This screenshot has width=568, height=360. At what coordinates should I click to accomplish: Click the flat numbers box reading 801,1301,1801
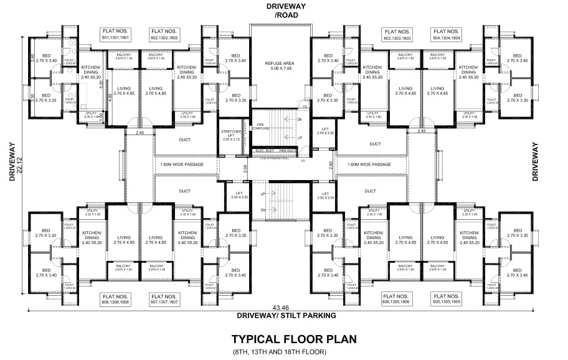pos(118,35)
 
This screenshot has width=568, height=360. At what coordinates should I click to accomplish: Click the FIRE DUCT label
pos(286,151)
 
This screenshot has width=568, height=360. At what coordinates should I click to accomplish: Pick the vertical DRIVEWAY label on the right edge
pos(535,162)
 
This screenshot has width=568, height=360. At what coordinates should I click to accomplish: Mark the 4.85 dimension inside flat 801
pos(109,97)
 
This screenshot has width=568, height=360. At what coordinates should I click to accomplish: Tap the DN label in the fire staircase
pos(299,119)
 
